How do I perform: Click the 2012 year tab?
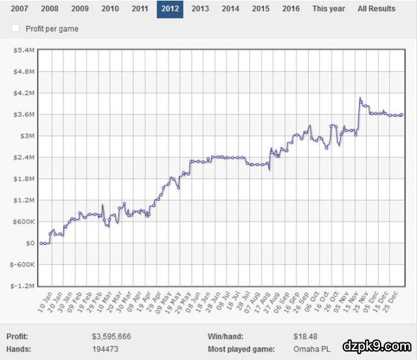[x=169, y=9]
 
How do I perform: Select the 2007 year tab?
[x=20, y=9]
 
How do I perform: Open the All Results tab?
[x=376, y=9]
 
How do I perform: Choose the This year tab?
[x=328, y=9]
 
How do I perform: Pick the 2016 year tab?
[x=291, y=9]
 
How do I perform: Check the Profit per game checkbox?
[x=16, y=29]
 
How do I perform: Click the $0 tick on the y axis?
[x=30, y=243]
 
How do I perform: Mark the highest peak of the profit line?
[x=360, y=98]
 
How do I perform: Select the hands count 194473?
[x=105, y=350]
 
